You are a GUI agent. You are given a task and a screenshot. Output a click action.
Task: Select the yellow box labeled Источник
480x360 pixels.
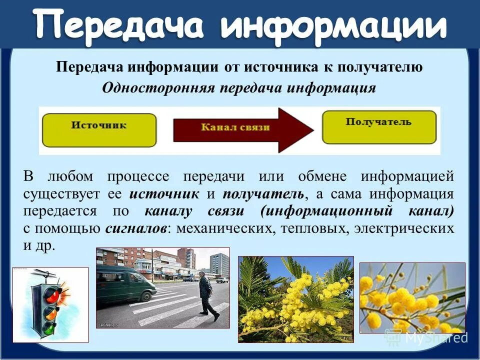point(98,129)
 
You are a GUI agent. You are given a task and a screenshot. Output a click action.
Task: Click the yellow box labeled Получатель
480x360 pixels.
point(378,127)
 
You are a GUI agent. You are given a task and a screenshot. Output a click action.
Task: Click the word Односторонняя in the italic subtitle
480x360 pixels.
point(158,88)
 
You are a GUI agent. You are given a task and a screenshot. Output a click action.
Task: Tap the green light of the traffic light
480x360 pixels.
point(48,329)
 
